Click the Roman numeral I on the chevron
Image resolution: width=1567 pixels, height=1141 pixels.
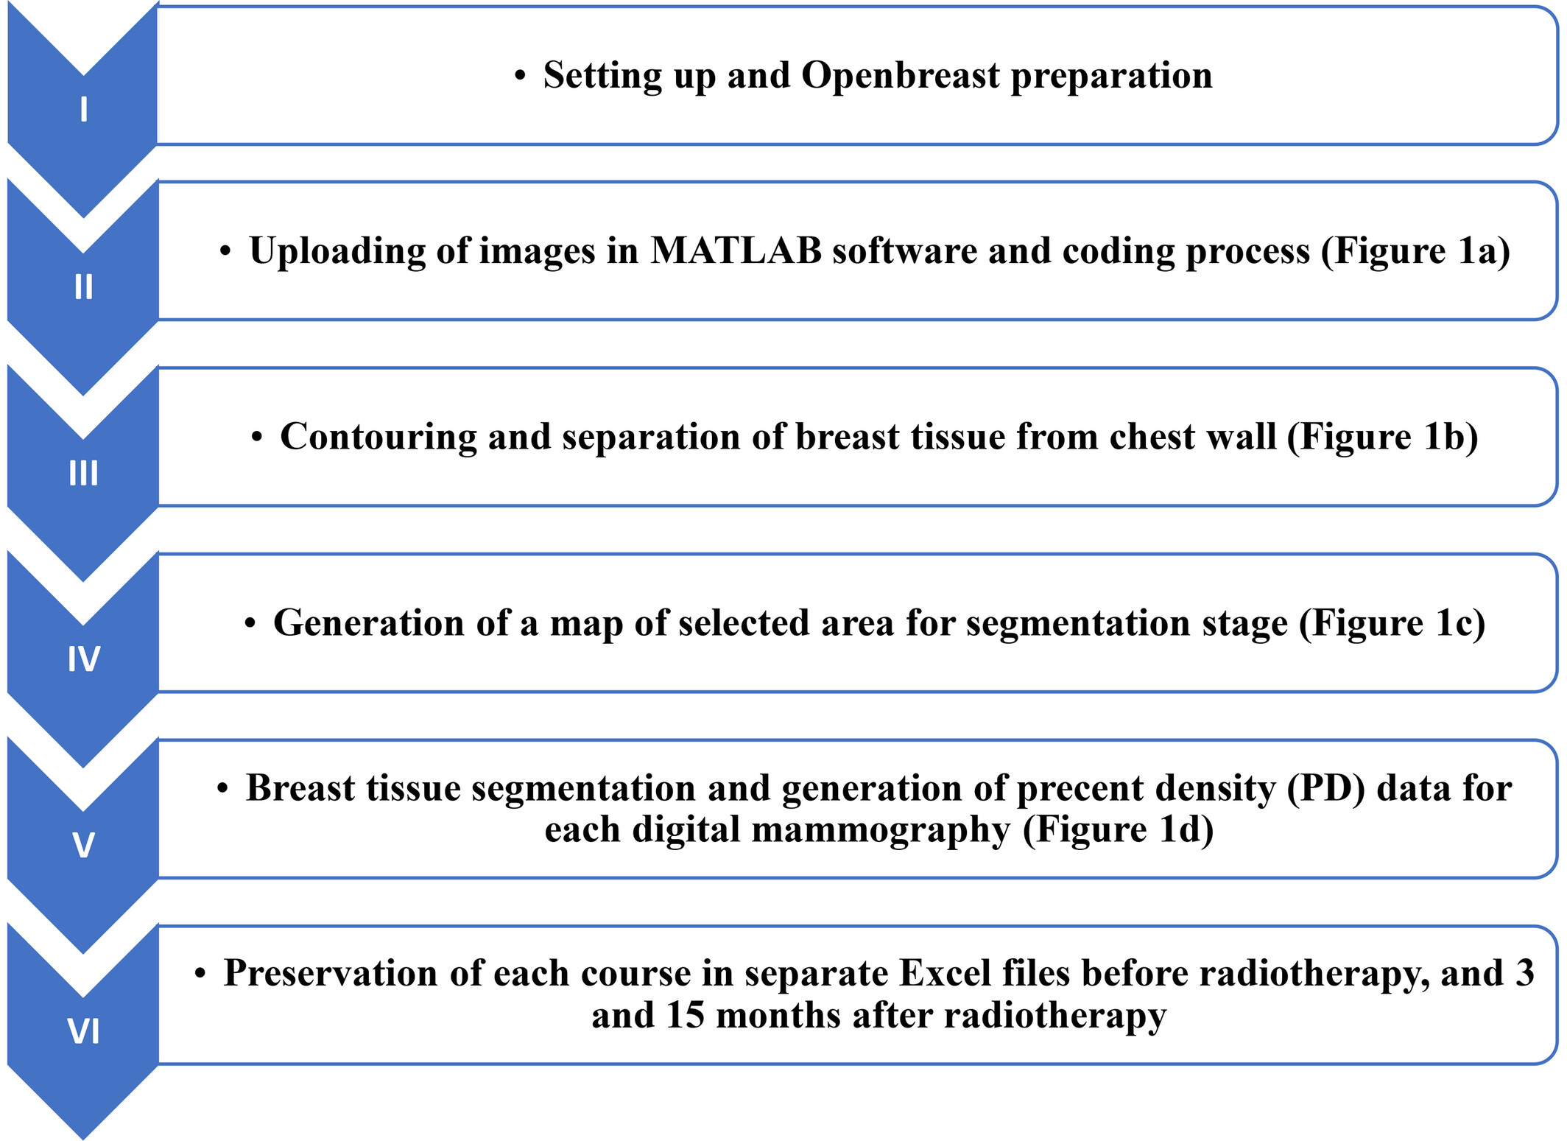pos(84,109)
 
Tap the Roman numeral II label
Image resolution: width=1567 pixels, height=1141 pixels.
pos(84,287)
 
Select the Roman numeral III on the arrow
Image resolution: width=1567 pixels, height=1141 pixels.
pos(84,473)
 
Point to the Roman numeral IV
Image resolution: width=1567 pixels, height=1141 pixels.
pos(84,659)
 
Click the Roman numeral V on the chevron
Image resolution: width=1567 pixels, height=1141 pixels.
pos(84,845)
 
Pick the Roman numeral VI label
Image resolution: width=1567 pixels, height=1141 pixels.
pos(84,1031)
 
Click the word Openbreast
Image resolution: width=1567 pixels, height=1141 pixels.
pos(901,76)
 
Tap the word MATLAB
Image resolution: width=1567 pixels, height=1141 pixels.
pos(736,250)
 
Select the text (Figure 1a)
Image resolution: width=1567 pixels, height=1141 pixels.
pos(1415,252)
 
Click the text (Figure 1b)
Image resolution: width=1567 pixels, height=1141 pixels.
pos(1383,438)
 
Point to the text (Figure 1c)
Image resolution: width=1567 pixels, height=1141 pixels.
pos(1392,624)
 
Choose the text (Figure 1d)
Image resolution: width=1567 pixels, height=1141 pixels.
pos(1119,830)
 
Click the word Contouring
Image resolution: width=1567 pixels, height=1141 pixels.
pos(378,438)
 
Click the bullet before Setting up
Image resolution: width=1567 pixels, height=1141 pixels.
pos(521,76)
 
